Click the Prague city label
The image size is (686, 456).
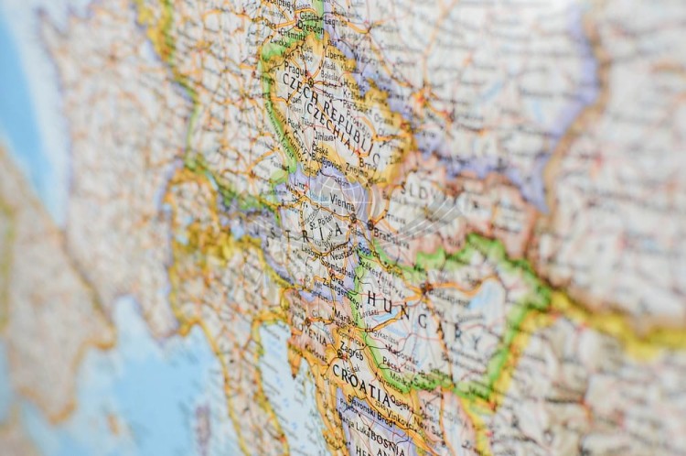pyautogui.click(x=294, y=70)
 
